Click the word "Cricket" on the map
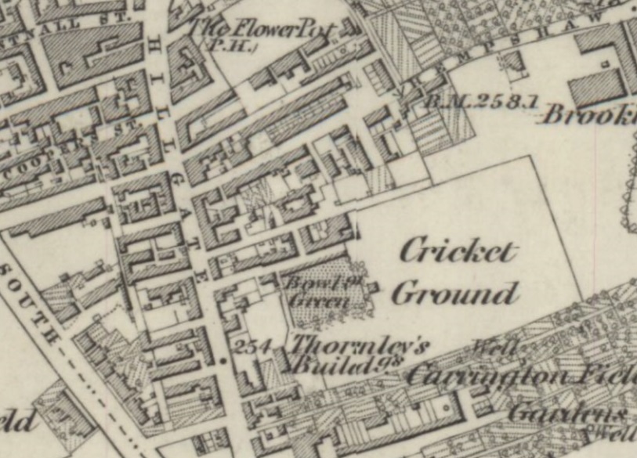[458, 252]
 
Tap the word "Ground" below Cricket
[454, 294]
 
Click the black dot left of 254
[223, 361]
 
